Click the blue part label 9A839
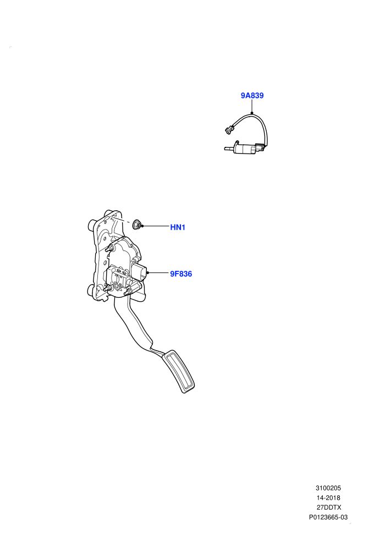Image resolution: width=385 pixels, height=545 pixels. click(x=252, y=96)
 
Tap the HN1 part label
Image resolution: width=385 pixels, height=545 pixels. click(x=178, y=227)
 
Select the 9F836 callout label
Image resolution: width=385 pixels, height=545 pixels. click(x=181, y=274)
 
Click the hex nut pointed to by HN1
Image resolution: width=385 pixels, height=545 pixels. click(x=137, y=225)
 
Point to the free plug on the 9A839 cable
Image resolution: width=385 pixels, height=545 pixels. click(x=228, y=130)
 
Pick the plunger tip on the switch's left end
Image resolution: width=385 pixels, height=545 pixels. click(x=229, y=149)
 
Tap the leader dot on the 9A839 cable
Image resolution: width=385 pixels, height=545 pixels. click(x=252, y=113)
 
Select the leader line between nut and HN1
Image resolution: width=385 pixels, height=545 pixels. click(x=156, y=226)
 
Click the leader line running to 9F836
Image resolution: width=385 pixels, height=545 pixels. click(x=159, y=273)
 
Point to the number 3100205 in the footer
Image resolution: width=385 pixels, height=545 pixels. click(x=328, y=488)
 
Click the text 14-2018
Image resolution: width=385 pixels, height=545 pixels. click(x=328, y=498)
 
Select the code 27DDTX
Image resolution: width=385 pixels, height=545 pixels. click(x=328, y=508)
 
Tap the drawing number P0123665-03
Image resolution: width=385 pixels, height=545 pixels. click(x=328, y=517)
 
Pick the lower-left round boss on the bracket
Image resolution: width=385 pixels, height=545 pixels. click(x=91, y=291)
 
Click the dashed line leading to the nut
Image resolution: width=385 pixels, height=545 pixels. click(x=123, y=220)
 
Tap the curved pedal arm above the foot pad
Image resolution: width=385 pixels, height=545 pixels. click(x=134, y=326)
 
